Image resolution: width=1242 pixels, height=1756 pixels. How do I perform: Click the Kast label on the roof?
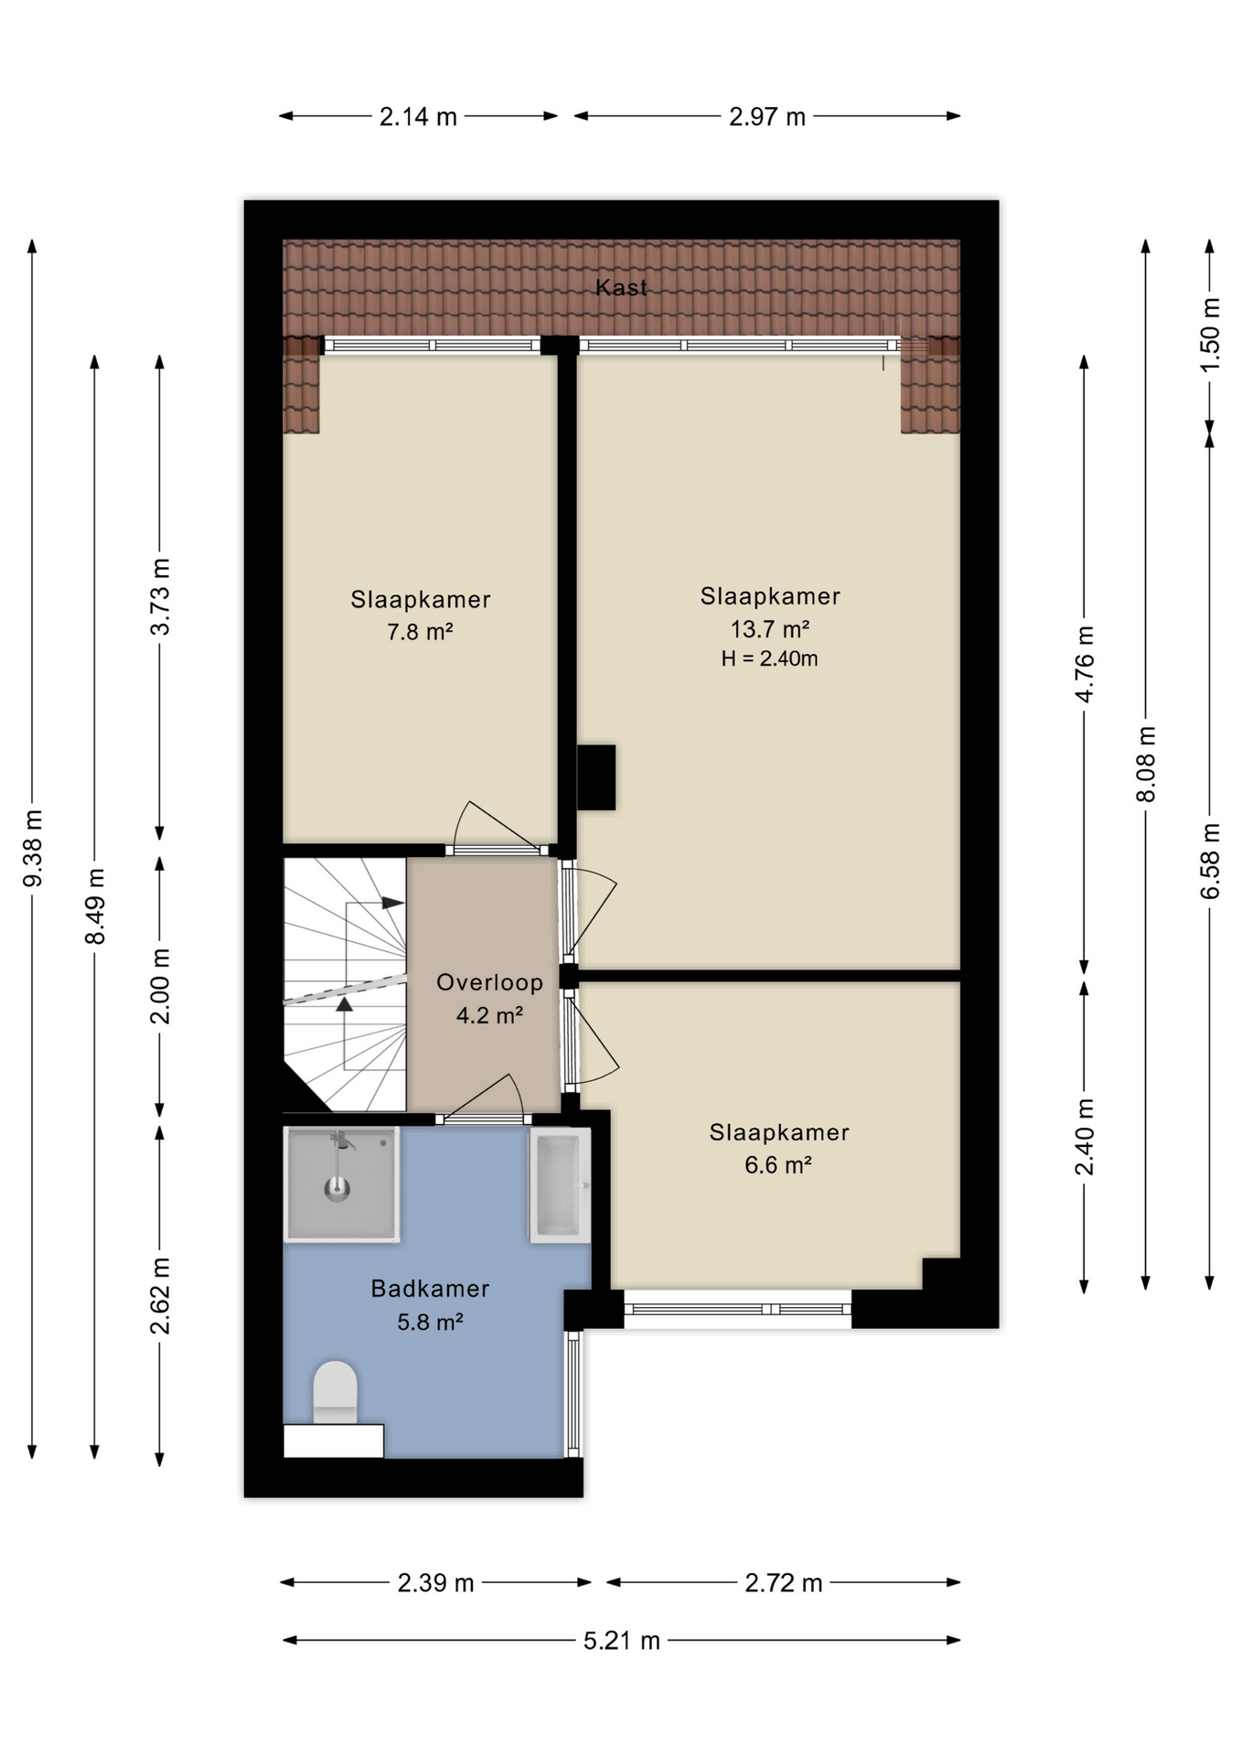[621, 287]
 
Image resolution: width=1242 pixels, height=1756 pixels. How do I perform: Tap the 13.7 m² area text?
[769, 629]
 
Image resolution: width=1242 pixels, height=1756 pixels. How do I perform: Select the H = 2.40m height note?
[769, 658]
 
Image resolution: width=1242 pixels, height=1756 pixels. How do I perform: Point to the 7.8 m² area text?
[420, 632]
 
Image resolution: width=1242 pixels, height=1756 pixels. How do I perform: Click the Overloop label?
[489, 982]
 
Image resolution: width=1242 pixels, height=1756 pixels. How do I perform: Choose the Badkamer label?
[430, 1289]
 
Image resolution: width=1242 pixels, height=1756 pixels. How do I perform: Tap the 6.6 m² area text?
[778, 1165]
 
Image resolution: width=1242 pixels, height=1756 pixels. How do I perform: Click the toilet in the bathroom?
[335, 1392]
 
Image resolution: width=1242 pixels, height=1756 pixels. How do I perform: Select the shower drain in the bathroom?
[337, 1188]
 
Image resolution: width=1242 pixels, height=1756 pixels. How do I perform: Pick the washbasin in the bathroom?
[560, 1185]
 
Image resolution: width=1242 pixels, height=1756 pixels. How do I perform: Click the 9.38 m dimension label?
[33, 848]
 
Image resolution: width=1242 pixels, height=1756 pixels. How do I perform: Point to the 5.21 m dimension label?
[622, 1640]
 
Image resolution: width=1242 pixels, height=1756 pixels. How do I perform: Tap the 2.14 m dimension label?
[418, 117]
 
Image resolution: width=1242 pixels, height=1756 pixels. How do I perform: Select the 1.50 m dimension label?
[1209, 335]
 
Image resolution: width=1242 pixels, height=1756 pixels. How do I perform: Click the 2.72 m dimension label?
[783, 1583]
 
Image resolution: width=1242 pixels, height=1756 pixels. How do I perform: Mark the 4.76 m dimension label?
[1084, 664]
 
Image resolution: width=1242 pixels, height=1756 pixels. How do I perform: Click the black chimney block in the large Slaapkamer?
[596, 777]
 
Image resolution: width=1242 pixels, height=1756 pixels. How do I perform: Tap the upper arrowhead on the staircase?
[393, 903]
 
